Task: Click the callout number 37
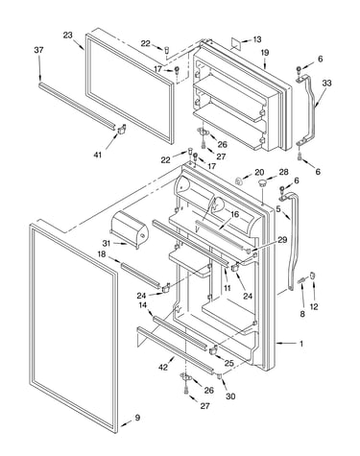pos(38,50)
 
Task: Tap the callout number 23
pos(67,36)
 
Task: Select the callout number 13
pos(257,39)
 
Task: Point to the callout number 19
pos(265,53)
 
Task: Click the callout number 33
pos(326,84)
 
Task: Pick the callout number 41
pos(98,155)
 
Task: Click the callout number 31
pos(107,244)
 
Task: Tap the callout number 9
pos(137,418)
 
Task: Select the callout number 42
pos(163,368)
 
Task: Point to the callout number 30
pos(230,396)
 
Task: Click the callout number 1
pos(301,344)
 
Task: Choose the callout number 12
pos(314,307)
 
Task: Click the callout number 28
pos(284,172)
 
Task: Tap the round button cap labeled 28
pos(262,183)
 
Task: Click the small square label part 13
pos(236,42)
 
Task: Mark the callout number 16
pos(235,214)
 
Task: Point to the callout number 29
pos(282,240)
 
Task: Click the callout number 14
pos(143,305)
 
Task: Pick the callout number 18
pos(102,253)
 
